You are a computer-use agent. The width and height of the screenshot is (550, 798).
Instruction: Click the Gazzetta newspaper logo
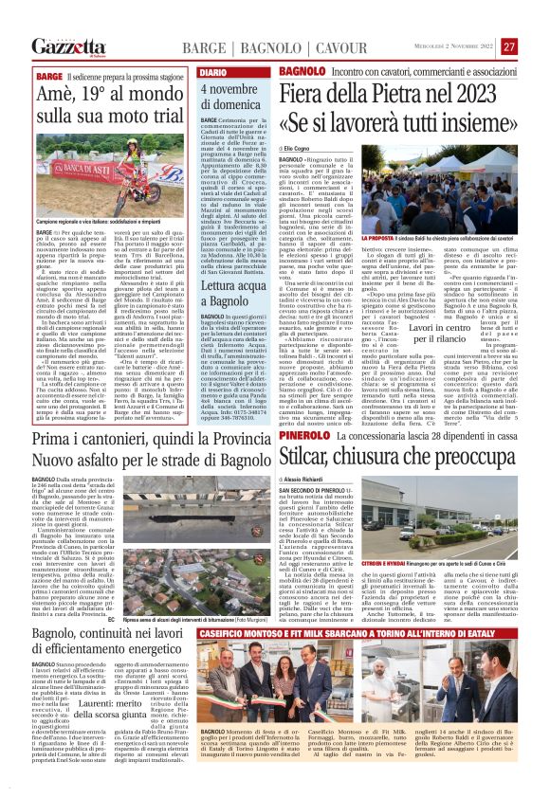(67, 46)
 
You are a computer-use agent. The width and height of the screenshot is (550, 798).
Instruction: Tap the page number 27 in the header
(508, 46)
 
